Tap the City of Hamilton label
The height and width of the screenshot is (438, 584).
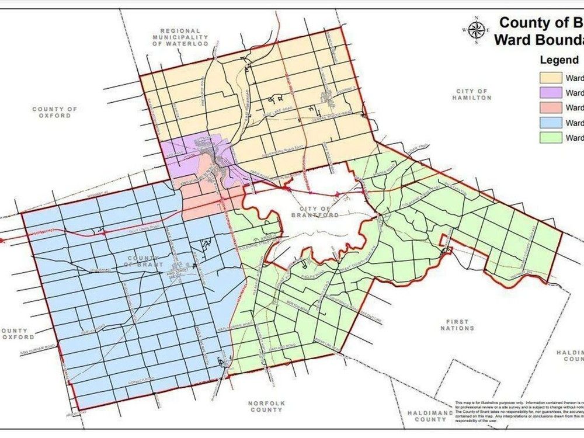tap(472, 95)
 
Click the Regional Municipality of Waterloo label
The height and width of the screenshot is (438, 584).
tap(180, 37)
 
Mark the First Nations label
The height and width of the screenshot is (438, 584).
tap(458, 325)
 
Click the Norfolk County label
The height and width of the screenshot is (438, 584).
tap(265, 406)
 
